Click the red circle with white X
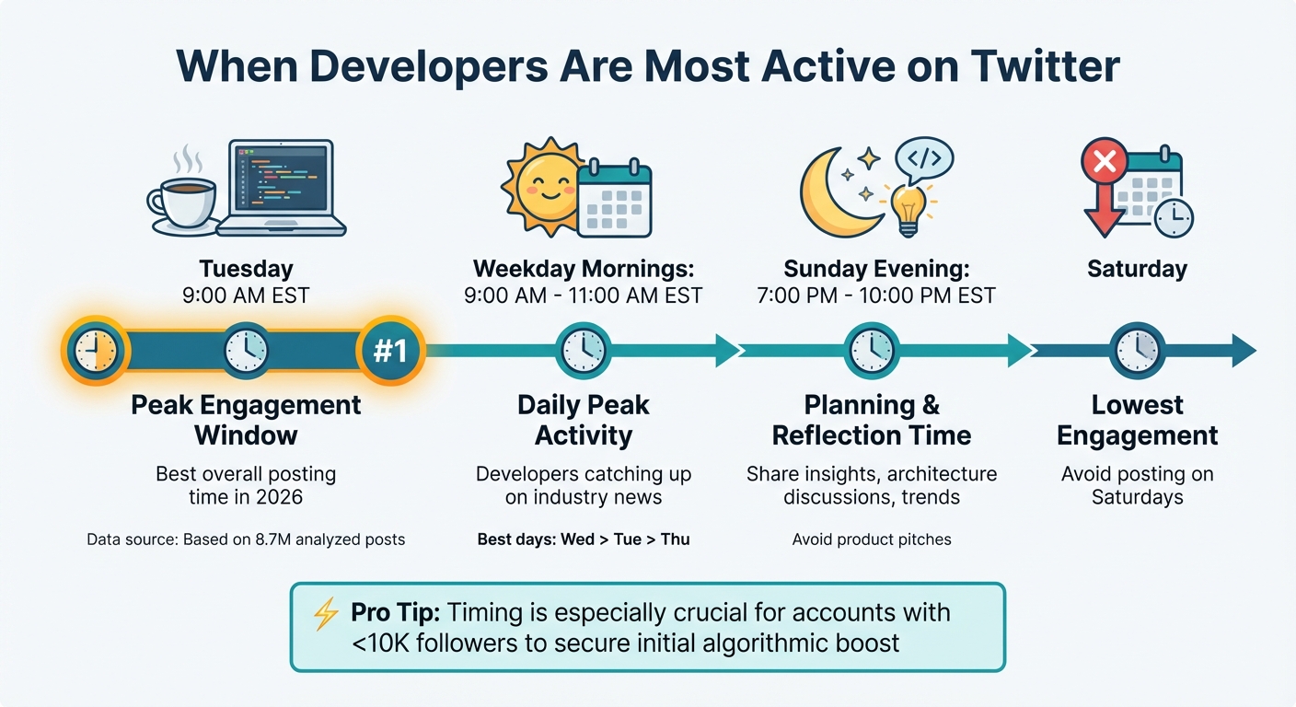1104,164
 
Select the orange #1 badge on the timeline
391,351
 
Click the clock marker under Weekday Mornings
584,351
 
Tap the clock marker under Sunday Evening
871,351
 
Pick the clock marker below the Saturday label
1137,351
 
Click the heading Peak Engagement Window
246,420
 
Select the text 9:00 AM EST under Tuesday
246,296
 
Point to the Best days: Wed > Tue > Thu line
584,539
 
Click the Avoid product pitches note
871,539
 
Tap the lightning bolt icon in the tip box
326,614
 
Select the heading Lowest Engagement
1137,420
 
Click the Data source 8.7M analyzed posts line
246,539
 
